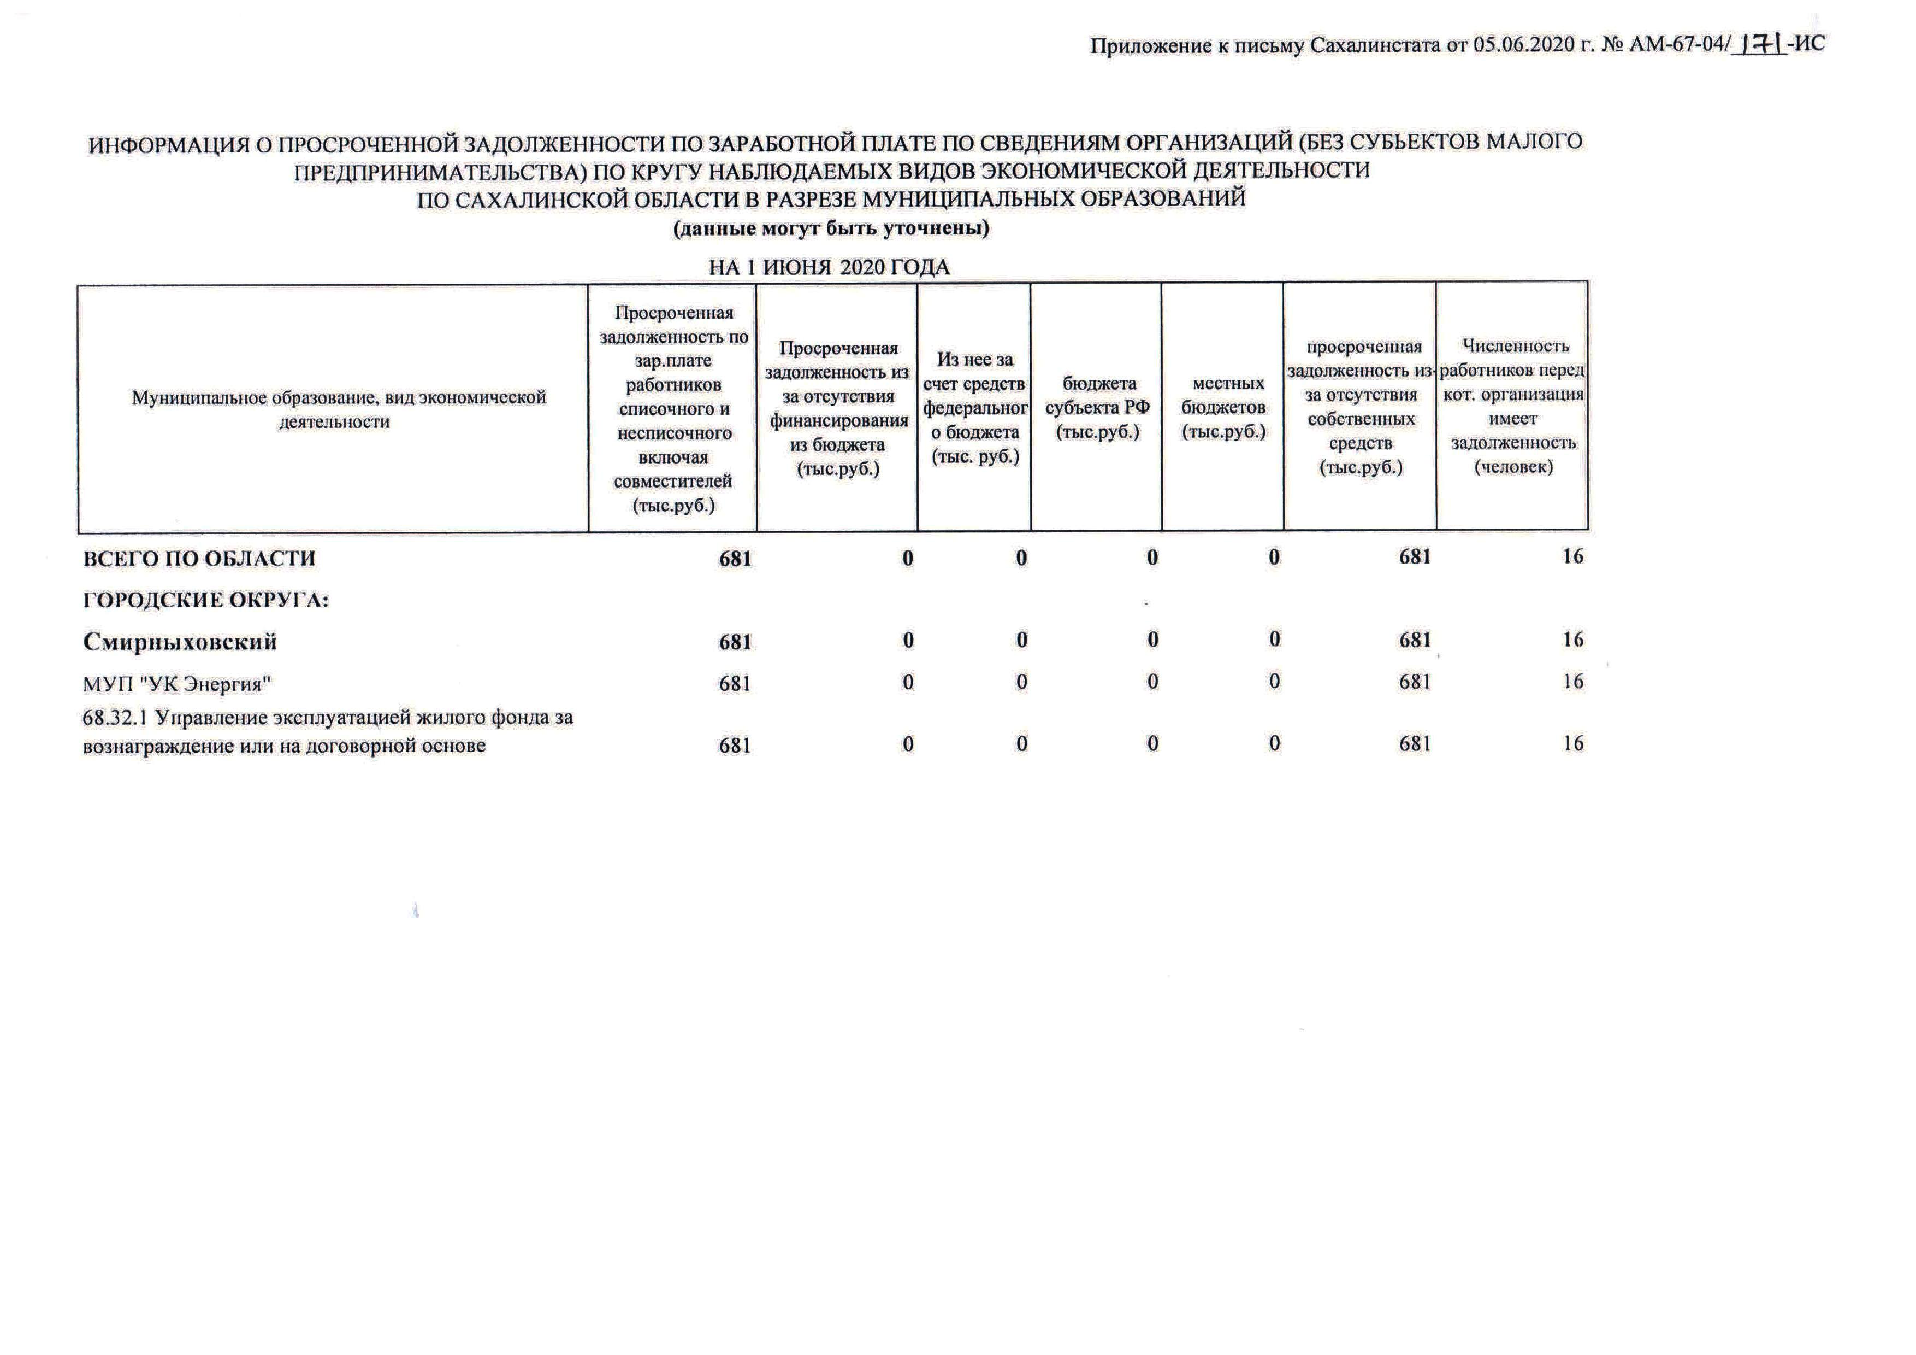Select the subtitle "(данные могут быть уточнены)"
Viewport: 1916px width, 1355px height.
[831, 228]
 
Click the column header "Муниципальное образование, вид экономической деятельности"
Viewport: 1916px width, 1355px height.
[338, 409]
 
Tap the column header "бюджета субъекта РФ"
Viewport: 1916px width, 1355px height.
[1097, 407]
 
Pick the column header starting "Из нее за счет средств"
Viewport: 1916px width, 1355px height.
[975, 407]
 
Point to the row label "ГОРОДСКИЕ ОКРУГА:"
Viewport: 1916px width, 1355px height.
[205, 600]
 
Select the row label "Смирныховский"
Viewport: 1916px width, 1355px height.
[180, 642]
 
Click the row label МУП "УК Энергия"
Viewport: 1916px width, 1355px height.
[177, 684]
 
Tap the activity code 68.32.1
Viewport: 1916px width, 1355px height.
[114, 718]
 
